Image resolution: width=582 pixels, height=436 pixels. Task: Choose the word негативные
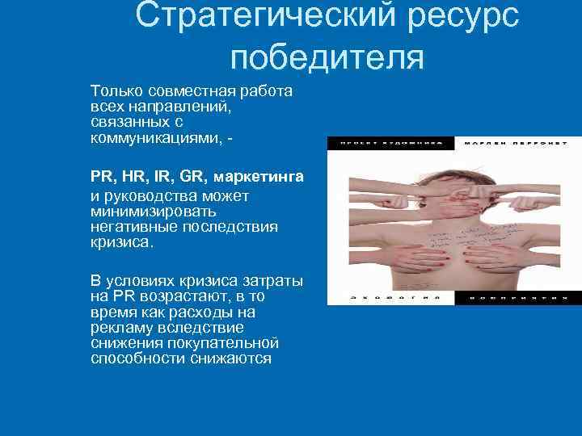tap(133, 226)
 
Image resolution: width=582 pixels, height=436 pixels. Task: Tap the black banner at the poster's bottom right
tap(513, 298)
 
